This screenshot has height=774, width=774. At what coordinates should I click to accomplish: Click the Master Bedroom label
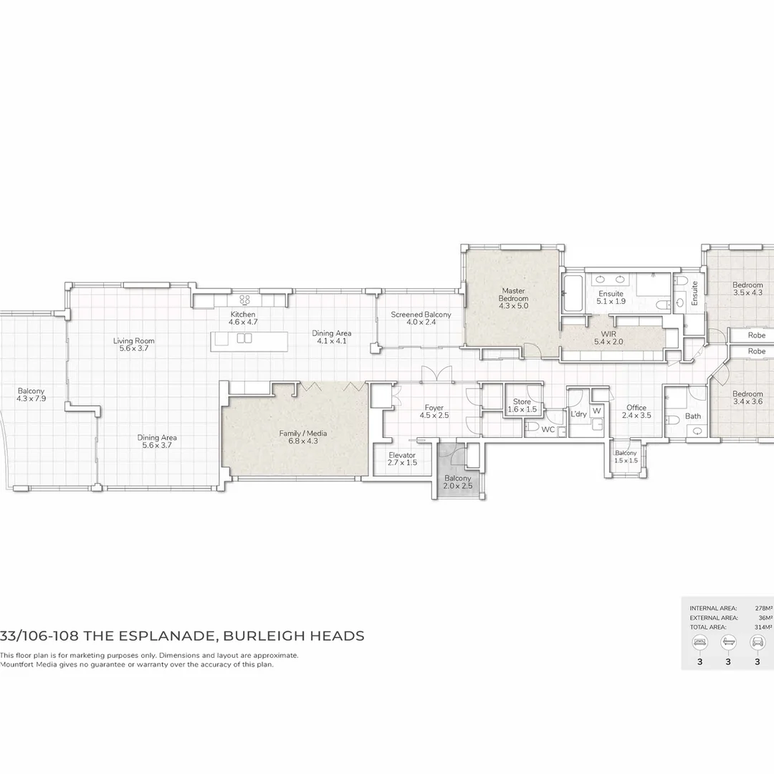pyautogui.click(x=513, y=298)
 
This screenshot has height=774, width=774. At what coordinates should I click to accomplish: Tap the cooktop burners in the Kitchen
pyautogui.click(x=244, y=300)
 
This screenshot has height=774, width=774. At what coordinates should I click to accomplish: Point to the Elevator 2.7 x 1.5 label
pyautogui.click(x=401, y=459)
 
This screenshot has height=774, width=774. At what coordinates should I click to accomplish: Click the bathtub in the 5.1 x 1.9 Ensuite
pyautogui.click(x=573, y=293)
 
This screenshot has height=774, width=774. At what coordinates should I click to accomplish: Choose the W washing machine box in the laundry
pyautogui.click(x=596, y=411)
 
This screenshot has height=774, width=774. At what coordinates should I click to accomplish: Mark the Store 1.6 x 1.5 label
pyautogui.click(x=522, y=406)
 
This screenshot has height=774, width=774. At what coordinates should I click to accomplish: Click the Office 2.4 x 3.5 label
pyautogui.click(x=636, y=411)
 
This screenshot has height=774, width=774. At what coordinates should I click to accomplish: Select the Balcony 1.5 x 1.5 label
pyautogui.click(x=626, y=457)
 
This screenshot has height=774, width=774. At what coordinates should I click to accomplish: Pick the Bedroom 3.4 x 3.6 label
pyautogui.click(x=747, y=398)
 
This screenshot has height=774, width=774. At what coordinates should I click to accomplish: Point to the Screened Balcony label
pyautogui.click(x=421, y=318)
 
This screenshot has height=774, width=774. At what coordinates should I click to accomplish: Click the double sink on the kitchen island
pyautogui.click(x=244, y=338)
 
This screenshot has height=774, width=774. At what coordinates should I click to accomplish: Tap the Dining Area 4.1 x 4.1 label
pyautogui.click(x=331, y=337)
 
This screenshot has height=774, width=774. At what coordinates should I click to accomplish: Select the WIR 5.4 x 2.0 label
pyautogui.click(x=609, y=338)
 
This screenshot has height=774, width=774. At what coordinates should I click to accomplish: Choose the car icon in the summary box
pyautogui.click(x=756, y=643)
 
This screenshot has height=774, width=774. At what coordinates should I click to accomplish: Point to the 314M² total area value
pyautogui.click(x=763, y=626)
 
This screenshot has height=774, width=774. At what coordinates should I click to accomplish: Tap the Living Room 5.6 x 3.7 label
pyautogui.click(x=134, y=345)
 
